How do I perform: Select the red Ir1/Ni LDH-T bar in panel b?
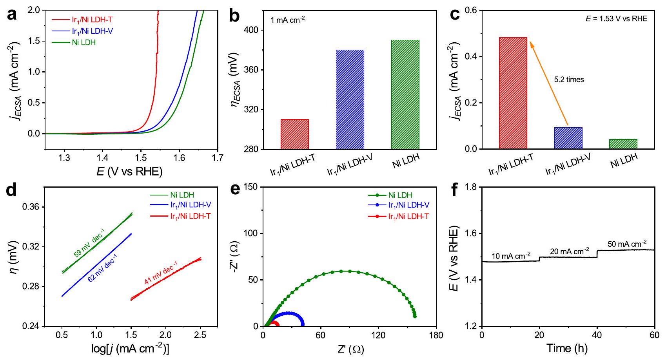(295, 134)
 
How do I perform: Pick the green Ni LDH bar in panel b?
(405, 94)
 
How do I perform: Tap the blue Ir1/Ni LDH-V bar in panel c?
(568, 138)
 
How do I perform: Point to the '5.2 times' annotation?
(569, 80)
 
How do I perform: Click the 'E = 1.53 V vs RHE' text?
(616, 19)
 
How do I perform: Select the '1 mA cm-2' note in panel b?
(288, 20)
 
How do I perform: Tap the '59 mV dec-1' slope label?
(89, 245)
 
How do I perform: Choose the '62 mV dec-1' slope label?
(103, 268)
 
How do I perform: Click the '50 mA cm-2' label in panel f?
(627, 244)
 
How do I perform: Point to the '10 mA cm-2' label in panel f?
(511, 256)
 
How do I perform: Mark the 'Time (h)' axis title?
(568, 348)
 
